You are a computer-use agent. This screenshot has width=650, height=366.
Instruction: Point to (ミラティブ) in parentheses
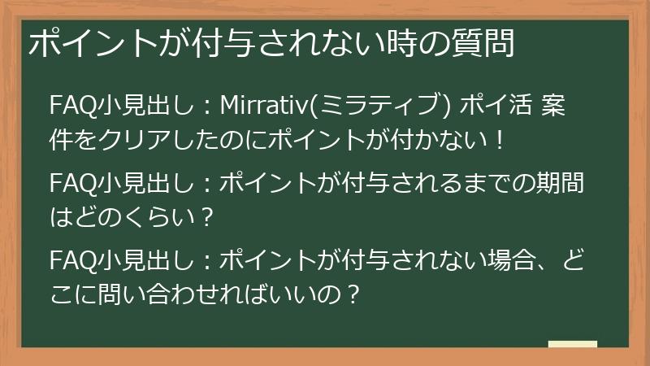tap(379, 106)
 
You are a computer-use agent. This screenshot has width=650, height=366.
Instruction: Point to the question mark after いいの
tap(352, 295)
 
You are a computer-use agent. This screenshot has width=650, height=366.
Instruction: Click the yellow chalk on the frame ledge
tap(572, 345)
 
